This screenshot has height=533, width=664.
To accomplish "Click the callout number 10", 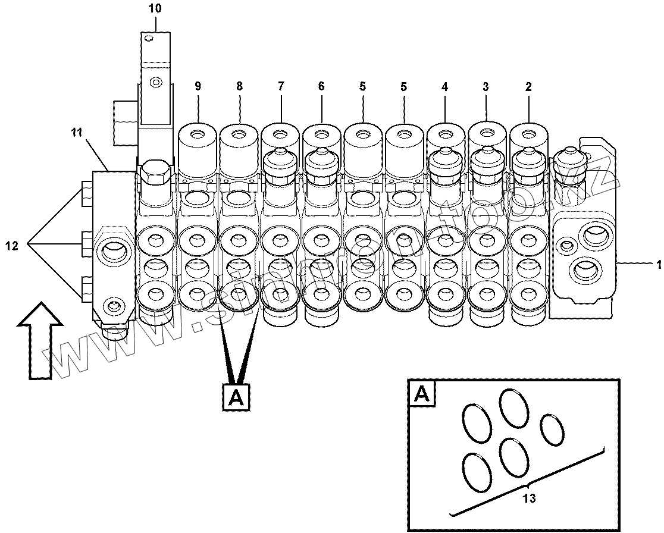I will point(155,9).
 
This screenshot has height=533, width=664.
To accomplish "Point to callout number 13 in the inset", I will point(528,498).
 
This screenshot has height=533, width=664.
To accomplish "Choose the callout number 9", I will point(198,86).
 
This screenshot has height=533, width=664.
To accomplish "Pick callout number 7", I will point(280,86).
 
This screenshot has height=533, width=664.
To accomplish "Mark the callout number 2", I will point(528,86).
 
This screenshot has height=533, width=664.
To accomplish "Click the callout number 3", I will point(486,86).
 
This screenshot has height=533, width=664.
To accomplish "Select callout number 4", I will point(444,86).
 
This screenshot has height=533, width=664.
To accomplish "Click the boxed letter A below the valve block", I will point(236,397).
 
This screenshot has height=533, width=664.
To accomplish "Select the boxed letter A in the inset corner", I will point(421,393).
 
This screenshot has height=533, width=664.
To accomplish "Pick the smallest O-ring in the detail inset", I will point(552,429).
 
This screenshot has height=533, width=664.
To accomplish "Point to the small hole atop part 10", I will point(148,40).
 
